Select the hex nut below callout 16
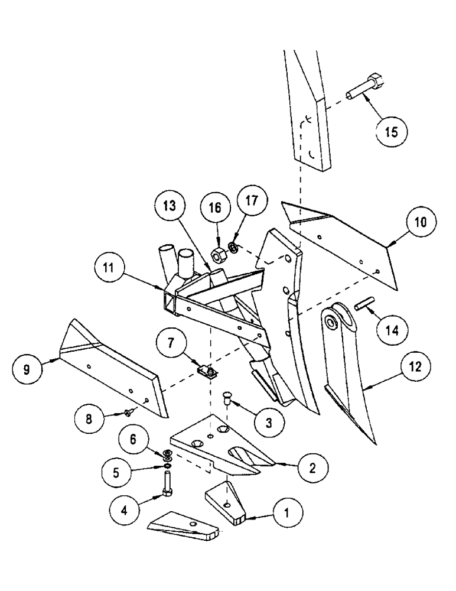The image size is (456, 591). [216, 255]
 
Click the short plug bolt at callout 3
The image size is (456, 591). [227, 400]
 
